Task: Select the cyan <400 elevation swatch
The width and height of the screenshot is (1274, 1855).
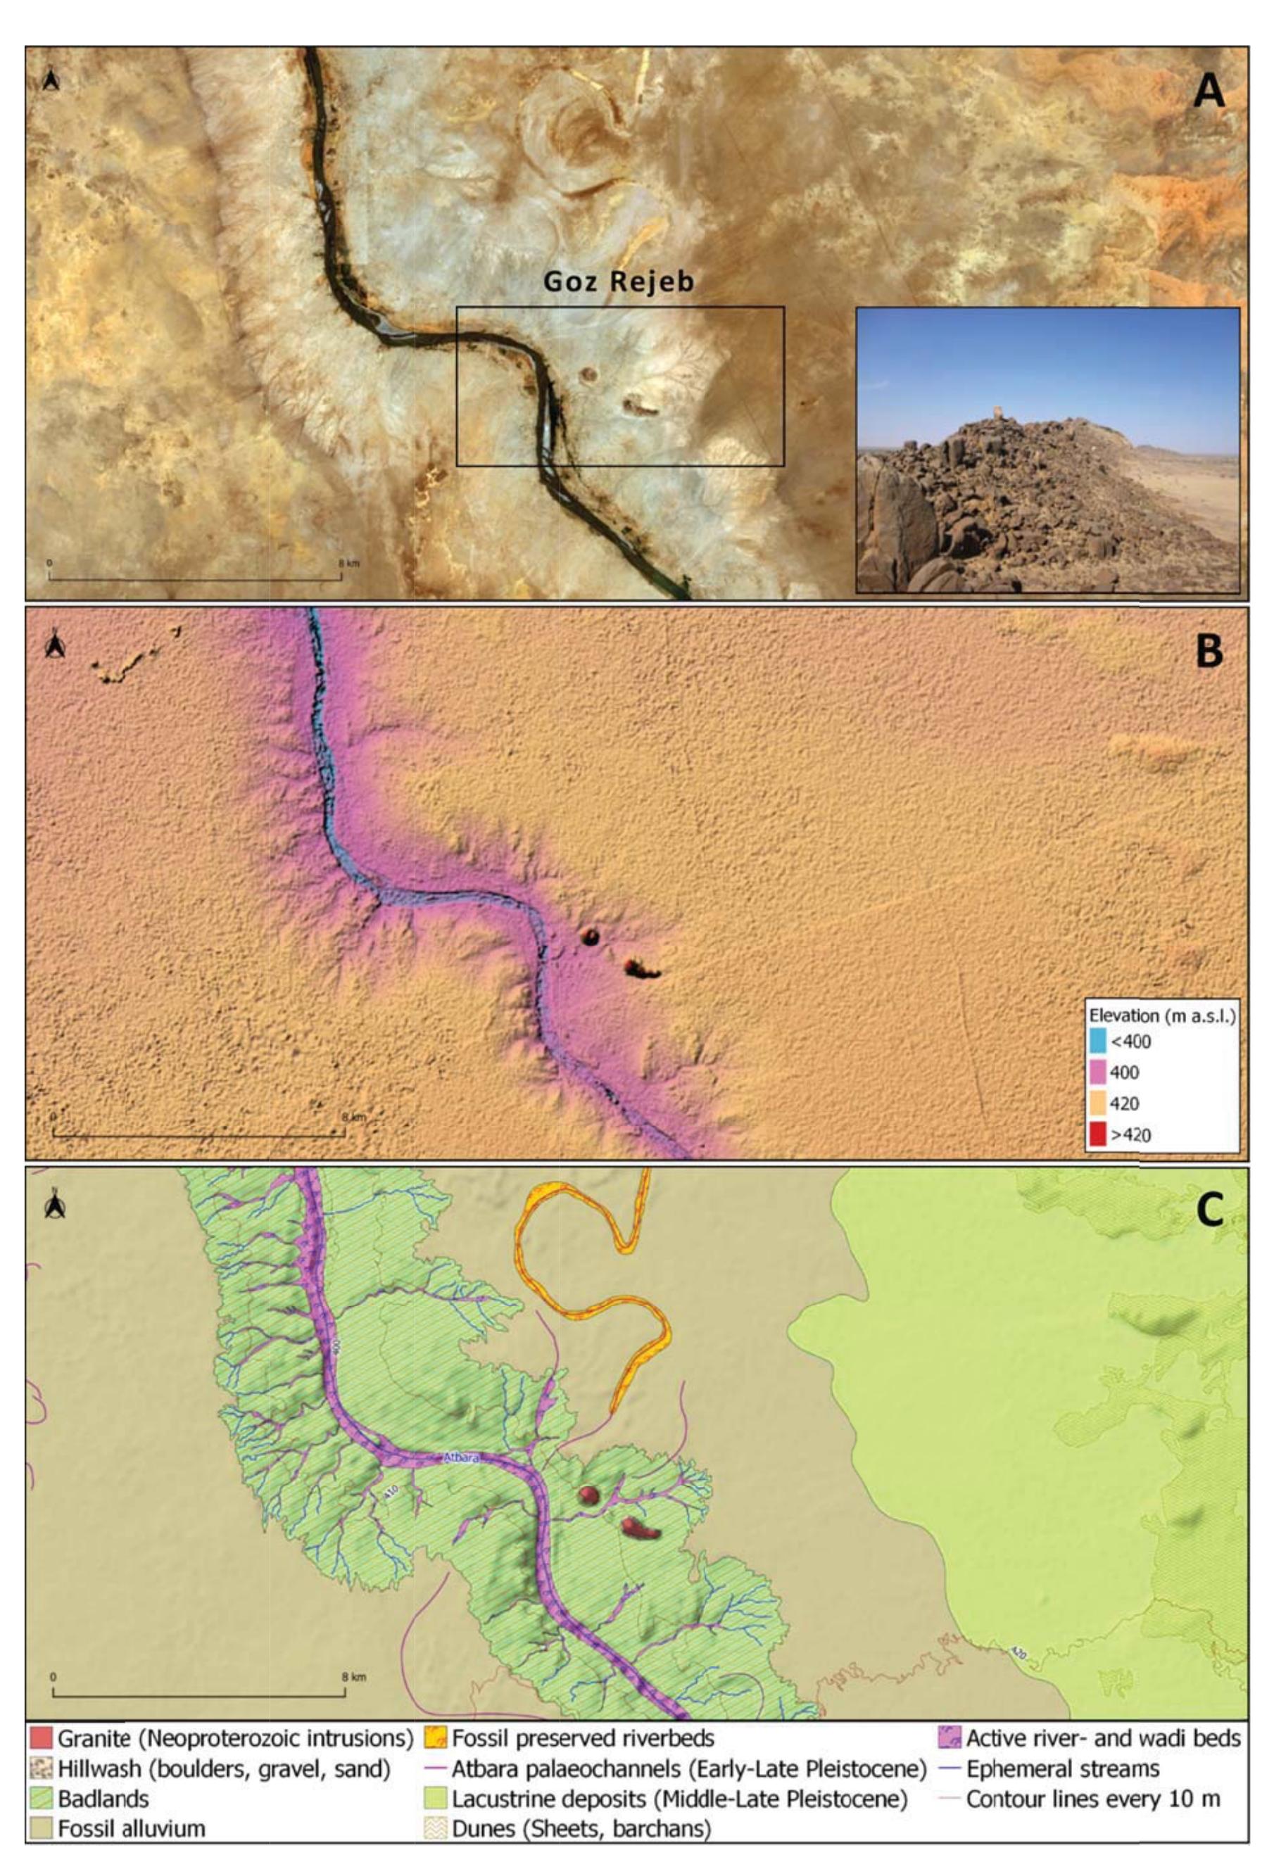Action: point(1097,1041)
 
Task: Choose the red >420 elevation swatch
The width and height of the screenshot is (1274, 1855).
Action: point(1097,1134)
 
